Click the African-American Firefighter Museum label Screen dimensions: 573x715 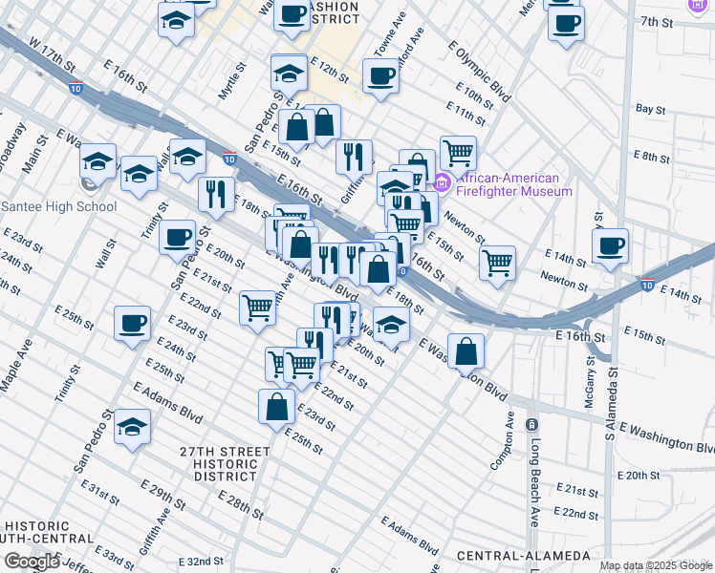(514, 183)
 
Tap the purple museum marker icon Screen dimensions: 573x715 (442, 182)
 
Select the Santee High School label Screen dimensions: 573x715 (59, 206)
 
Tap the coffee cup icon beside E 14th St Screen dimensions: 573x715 (610, 245)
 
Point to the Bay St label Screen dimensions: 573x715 (649, 110)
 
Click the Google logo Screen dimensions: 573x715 (32, 562)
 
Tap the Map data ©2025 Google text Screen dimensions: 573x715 (656, 565)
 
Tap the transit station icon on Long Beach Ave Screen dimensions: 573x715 (532, 423)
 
